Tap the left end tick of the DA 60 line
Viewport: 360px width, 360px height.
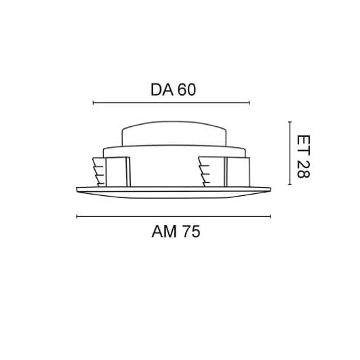tap(93, 103)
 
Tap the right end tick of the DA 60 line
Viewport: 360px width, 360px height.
tap(249, 103)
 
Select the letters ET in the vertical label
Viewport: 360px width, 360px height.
tap(303, 143)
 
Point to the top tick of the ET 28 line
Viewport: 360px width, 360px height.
tap(289, 122)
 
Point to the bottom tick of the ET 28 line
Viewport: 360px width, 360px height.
tap(289, 184)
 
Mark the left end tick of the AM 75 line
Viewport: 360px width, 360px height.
tap(77, 217)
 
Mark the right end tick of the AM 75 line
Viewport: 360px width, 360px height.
tap(271, 217)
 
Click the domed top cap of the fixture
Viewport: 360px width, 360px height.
tap(174, 134)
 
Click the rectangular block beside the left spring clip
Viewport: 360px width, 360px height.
tap(117, 172)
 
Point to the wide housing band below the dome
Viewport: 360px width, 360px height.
tap(174, 151)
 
